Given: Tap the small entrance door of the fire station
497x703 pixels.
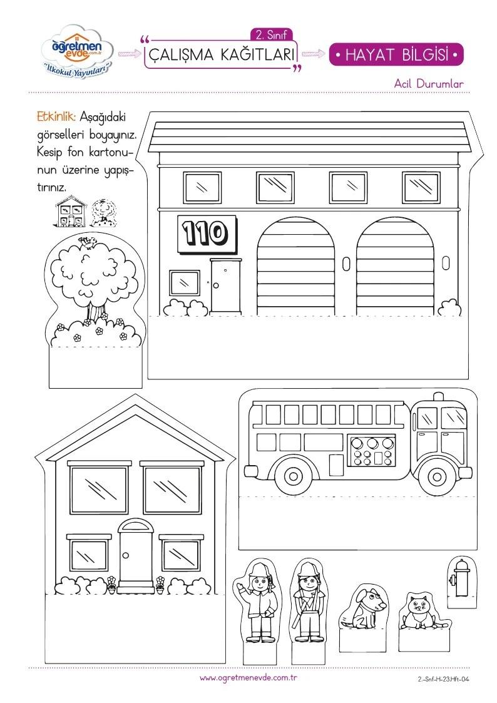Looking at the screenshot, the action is [226, 285].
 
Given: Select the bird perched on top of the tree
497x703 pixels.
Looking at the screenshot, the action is [88, 242].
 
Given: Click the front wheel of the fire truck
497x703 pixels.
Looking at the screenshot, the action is [436, 476].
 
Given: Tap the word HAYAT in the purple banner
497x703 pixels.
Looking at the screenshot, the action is [372, 54].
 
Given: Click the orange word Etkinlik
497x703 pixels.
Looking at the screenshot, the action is [56, 117].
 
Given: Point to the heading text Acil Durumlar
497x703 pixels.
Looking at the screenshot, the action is [429, 83].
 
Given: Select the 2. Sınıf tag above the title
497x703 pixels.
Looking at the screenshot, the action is [271, 35].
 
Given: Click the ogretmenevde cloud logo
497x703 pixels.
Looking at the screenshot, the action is [78, 51].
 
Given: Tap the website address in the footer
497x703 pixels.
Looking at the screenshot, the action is [248, 678].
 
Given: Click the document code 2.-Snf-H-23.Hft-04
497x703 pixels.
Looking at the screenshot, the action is [443, 679].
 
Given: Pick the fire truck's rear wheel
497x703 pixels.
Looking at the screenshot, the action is [293, 476].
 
